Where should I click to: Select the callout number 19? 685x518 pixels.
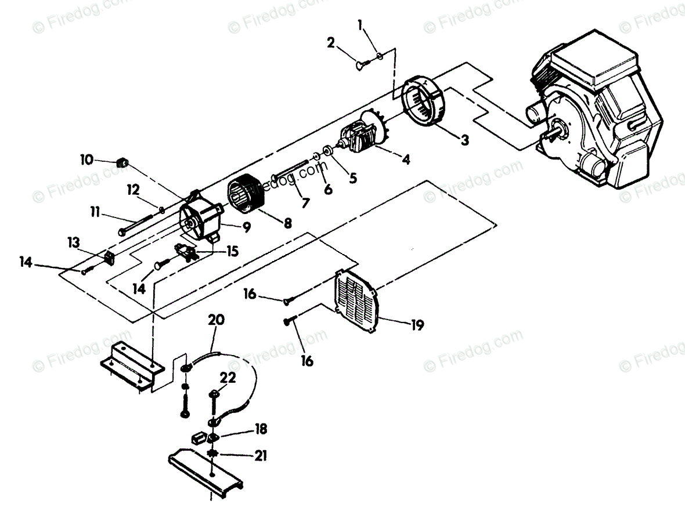pyautogui.click(x=417, y=326)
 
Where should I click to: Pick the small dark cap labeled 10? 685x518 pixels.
pyautogui.click(x=122, y=162)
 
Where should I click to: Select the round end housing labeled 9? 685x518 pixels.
pyautogui.click(x=197, y=220)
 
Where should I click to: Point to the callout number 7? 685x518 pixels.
pyautogui.click(x=304, y=202)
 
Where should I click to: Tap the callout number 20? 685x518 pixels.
pyautogui.click(x=215, y=320)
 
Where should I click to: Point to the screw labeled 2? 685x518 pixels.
pyautogui.click(x=360, y=66)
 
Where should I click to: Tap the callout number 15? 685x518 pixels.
pyautogui.click(x=232, y=252)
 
